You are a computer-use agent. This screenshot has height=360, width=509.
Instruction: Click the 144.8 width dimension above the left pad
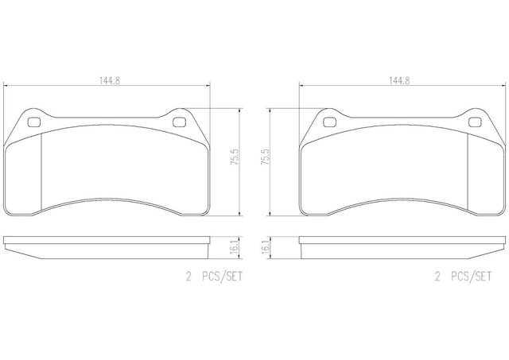[110, 80]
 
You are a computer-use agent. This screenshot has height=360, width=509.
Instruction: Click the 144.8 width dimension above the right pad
[399, 80]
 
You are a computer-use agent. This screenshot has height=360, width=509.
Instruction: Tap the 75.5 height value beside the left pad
[235, 157]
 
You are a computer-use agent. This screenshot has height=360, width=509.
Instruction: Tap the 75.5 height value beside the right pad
[265, 157]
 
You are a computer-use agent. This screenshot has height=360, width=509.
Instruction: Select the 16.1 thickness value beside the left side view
[235, 247]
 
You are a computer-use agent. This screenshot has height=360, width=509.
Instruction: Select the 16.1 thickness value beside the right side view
[265, 247]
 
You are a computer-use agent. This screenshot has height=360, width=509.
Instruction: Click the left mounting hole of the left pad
[33, 122]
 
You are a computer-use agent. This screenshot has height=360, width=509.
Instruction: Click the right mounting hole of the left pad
[179, 122]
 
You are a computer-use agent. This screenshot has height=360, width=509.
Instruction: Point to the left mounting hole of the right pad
[329, 122]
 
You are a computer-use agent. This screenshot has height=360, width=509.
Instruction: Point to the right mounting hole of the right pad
[474, 122]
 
